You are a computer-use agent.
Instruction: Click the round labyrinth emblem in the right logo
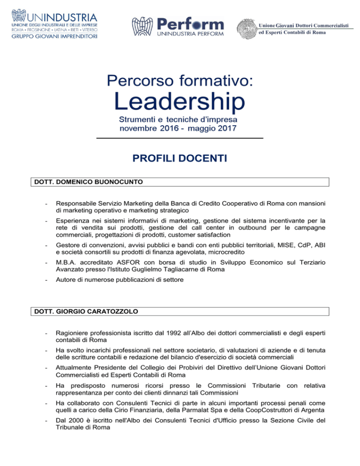click(247, 30)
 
